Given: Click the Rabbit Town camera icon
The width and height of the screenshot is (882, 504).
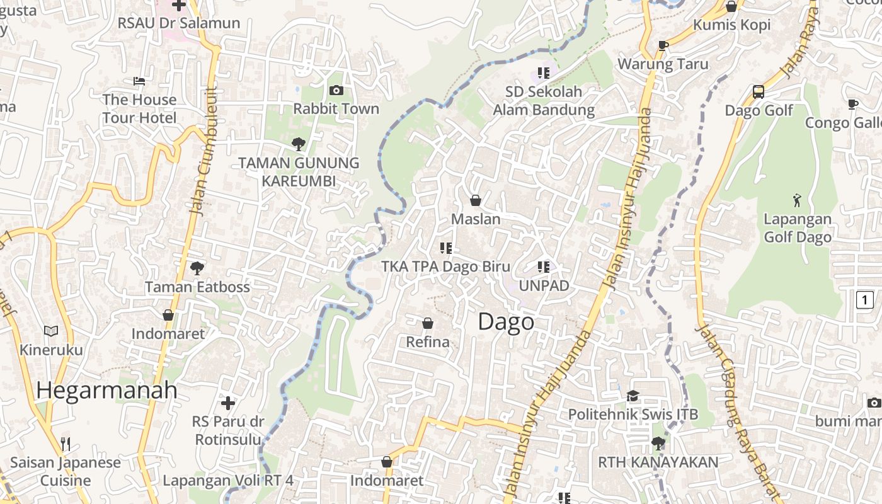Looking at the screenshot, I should click(x=336, y=91).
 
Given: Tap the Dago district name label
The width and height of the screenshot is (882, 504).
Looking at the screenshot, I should click(x=506, y=322).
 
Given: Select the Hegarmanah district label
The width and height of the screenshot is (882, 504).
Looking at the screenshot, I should click(x=106, y=390).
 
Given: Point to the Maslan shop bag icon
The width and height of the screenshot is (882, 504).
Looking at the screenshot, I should click(x=476, y=200).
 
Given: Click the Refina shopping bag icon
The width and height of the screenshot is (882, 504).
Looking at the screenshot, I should click(x=428, y=323).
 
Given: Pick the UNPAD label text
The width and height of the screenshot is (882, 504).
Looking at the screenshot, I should click(x=544, y=285).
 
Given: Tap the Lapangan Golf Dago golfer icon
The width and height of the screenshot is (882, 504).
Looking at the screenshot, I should click(x=798, y=200).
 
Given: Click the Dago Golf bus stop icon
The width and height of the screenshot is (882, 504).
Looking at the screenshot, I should click(x=759, y=92).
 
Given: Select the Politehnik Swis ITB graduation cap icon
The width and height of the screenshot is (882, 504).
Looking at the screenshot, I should click(x=633, y=396).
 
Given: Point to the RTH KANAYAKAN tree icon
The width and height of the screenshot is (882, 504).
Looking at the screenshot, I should click(x=658, y=444).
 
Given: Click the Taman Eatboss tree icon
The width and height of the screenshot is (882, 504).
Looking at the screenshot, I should click(x=197, y=268).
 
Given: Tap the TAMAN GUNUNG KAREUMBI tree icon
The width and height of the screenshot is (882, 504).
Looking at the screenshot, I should click(x=299, y=144).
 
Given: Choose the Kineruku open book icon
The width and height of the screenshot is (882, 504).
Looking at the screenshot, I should click(x=51, y=331).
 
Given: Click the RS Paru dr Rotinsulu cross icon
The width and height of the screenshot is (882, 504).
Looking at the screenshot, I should click(x=228, y=403).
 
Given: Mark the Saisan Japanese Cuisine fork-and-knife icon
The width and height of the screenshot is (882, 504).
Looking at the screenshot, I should click(x=66, y=444).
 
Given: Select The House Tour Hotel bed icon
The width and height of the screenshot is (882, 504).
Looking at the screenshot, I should click(x=139, y=81).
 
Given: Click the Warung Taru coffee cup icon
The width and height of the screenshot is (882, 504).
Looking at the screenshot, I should click(x=663, y=45).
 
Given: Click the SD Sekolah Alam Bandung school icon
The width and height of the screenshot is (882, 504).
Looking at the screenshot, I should click(x=543, y=73).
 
